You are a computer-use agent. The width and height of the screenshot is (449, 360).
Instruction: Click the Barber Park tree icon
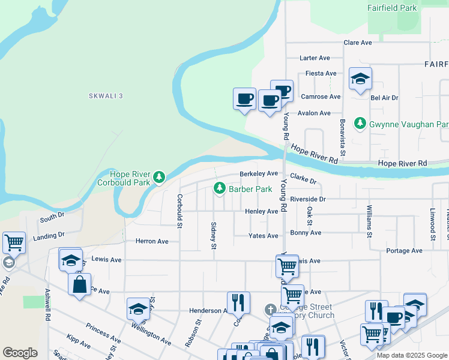pyautogui.click(x=220, y=189)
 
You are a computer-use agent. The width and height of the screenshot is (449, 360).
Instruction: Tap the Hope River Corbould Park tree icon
pyautogui.click(x=159, y=176)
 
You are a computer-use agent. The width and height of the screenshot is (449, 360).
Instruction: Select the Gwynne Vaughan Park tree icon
pyautogui.click(x=360, y=124)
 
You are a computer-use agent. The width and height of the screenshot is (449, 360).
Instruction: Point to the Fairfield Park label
pyautogui.click(x=392, y=8)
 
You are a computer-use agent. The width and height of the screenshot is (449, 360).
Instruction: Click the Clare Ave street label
pyautogui.click(x=358, y=43)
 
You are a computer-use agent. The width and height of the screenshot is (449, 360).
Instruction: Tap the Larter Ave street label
pyautogui.click(x=315, y=58)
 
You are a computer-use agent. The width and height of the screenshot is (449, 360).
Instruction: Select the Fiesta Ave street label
pyautogui.click(x=321, y=73)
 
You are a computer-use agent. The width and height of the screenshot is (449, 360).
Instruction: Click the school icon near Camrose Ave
pyautogui.click(x=360, y=79)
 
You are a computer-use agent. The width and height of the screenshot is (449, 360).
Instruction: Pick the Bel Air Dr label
pyautogui.click(x=384, y=97)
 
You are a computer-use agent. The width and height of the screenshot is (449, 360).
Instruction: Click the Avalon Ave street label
pyautogui.click(x=315, y=113)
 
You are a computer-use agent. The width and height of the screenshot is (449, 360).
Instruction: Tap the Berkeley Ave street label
pyautogui.click(x=259, y=173)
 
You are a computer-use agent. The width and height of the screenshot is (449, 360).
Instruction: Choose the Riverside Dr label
pyautogui.click(x=307, y=199)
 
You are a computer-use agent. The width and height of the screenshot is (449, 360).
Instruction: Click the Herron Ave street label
pyautogui.click(x=152, y=241)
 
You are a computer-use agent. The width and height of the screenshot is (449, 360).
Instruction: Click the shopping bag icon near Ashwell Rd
pyautogui.click(x=79, y=284)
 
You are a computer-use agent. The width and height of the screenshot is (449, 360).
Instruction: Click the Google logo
pyautogui.click(x=20, y=353)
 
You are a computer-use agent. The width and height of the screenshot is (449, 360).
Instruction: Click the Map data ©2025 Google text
pyautogui.click(x=411, y=355)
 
